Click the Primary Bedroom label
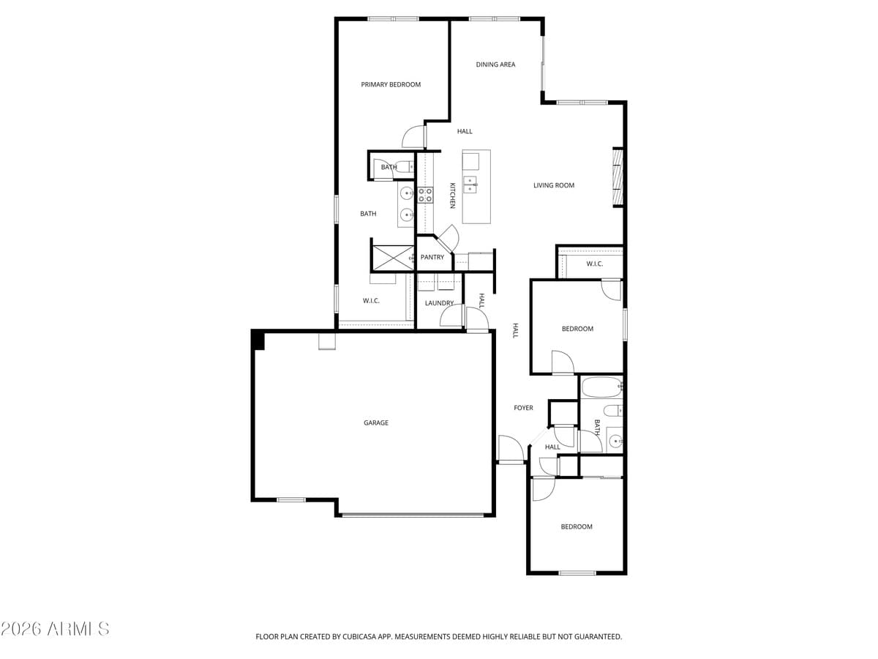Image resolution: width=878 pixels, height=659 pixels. (x=391, y=84)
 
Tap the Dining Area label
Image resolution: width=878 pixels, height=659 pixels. (x=495, y=64)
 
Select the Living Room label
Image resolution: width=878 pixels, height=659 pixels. (x=554, y=185)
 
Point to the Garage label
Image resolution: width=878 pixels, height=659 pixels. (x=376, y=422)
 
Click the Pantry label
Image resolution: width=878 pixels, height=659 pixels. (x=432, y=257)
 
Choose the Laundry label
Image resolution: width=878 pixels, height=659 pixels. (x=439, y=303)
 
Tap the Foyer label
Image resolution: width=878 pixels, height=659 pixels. (x=523, y=408)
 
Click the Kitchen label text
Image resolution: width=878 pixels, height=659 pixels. (x=452, y=196)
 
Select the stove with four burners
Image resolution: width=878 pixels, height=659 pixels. (x=425, y=195)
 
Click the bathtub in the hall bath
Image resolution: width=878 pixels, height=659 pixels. (x=601, y=387)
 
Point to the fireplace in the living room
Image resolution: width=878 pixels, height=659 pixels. (x=617, y=177)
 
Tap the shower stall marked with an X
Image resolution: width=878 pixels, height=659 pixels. (x=393, y=258)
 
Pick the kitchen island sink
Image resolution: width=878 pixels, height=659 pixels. (x=470, y=185)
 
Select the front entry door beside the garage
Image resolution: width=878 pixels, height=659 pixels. (x=510, y=449)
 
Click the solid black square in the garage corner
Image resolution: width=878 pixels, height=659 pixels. (x=258, y=339)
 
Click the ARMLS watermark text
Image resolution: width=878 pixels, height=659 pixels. (x=56, y=629)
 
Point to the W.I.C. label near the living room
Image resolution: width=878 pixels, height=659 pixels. (x=595, y=264)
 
